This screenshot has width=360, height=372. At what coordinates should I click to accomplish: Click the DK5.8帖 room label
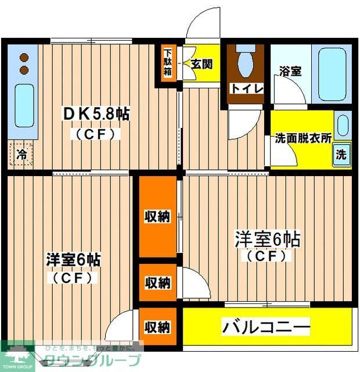click(x=96, y=115)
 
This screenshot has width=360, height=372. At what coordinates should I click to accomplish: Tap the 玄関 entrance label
click(x=201, y=64)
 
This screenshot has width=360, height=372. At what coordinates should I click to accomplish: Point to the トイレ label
click(x=247, y=88)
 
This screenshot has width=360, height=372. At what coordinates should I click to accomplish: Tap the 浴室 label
click(x=290, y=71)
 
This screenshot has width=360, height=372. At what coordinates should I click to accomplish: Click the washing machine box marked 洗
click(x=341, y=155)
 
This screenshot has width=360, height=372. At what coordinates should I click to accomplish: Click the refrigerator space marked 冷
click(x=21, y=155)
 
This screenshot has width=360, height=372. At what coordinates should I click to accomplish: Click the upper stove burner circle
click(x=24, y=58)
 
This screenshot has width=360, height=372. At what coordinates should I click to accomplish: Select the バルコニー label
click(x=266, y=328)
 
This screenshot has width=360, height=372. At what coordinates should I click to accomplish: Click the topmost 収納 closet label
click(x=157, y=217)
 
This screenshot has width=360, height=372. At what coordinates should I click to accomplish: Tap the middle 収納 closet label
click(x=157, y=283)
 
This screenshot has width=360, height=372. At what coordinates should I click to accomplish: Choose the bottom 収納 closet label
click(x=157, y=327)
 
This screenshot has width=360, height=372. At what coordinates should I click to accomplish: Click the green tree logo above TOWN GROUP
click(x=17, y=354)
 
